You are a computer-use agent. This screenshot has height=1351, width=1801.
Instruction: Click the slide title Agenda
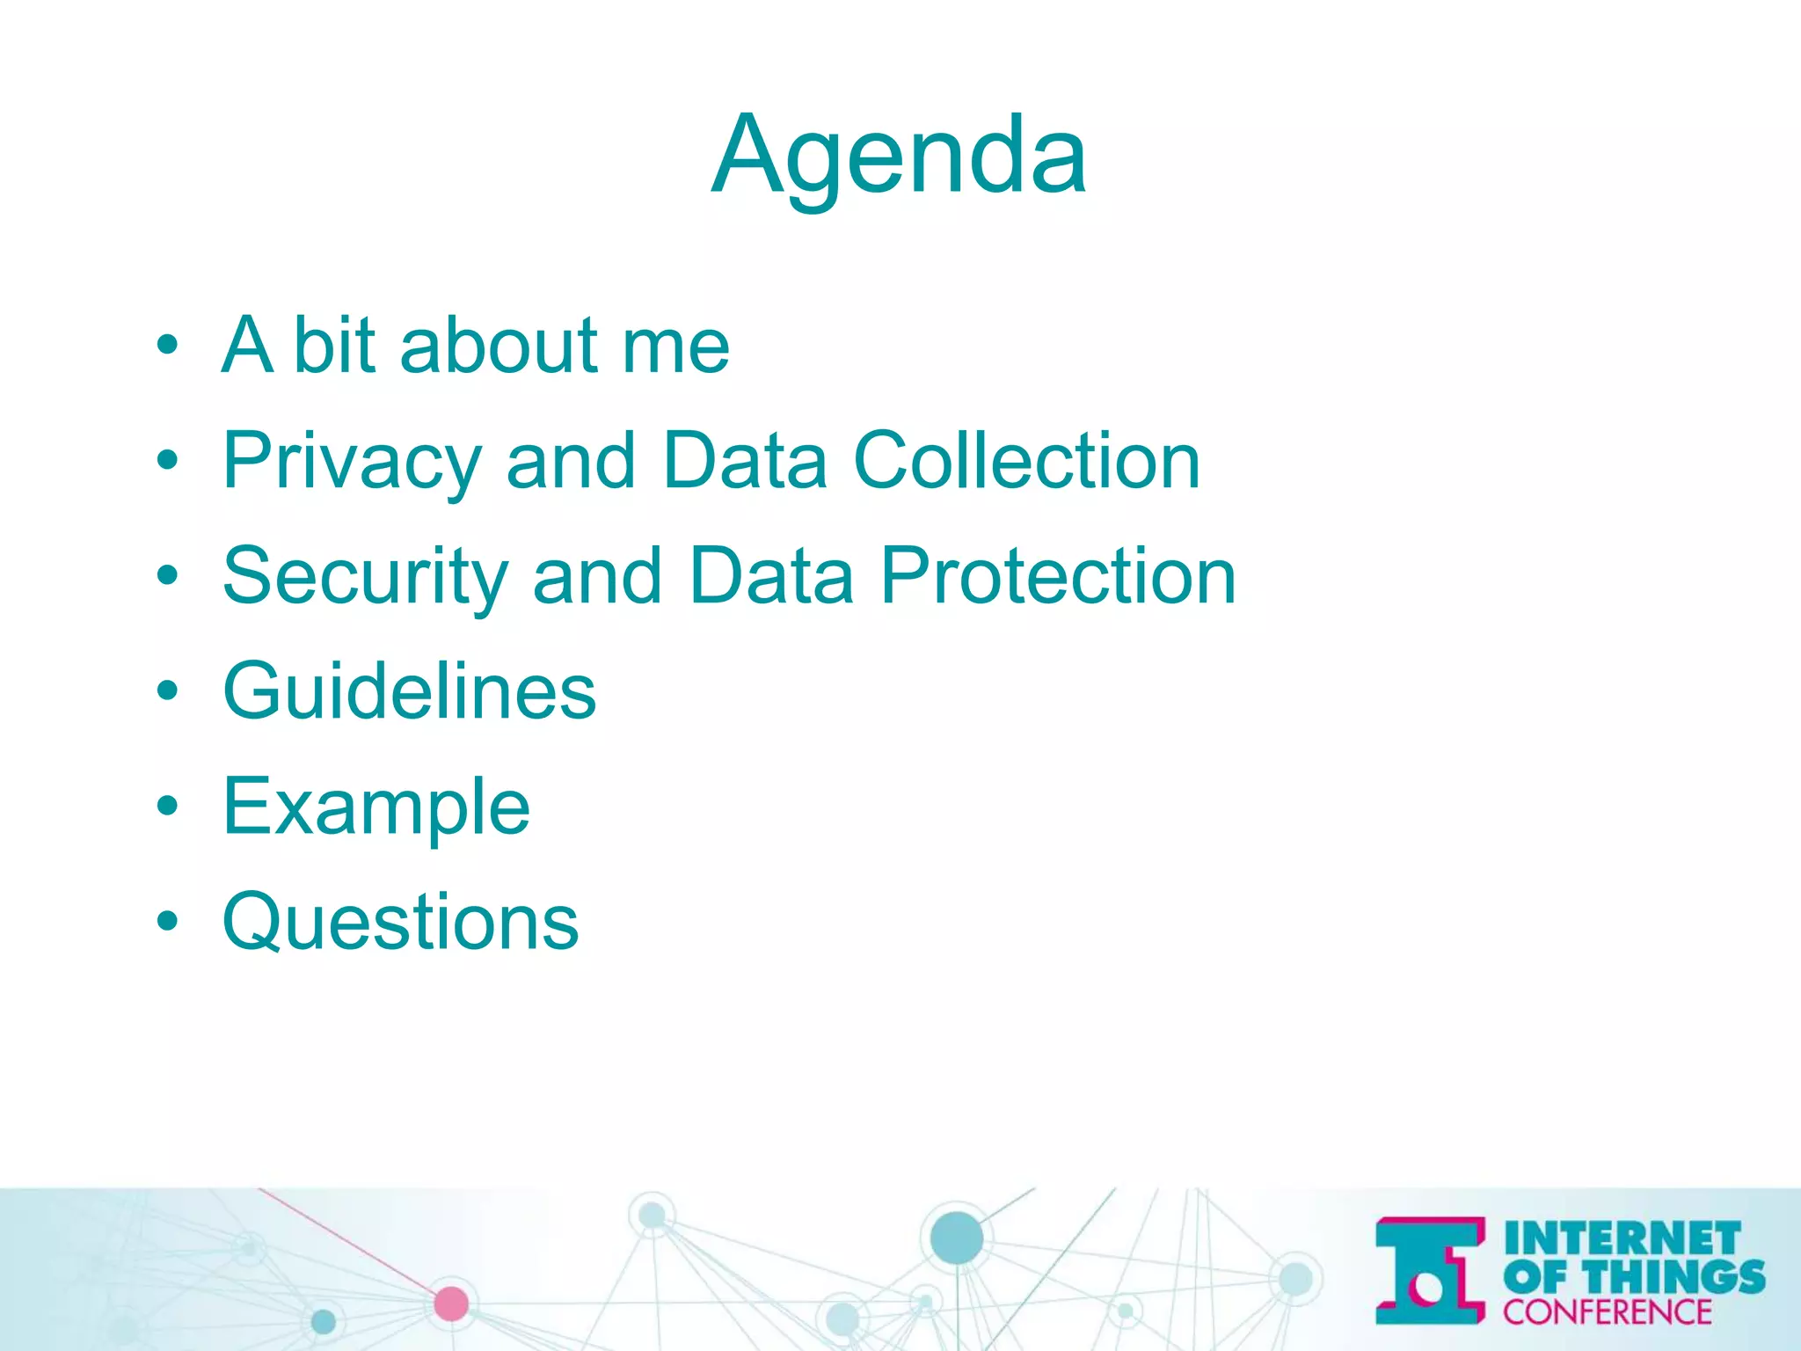pos(899,157)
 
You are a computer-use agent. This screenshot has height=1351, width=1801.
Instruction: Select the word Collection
pos(1026,462)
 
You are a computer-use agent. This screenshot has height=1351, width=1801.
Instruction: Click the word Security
pos(366,577)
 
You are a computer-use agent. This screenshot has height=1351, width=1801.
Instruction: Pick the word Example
pos(376,807)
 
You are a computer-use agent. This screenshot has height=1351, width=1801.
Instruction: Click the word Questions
pos(401,923)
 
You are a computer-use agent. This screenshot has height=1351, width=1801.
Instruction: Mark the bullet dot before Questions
pos(167,923)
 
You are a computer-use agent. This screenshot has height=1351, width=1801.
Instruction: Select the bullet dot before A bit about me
pos(167,346)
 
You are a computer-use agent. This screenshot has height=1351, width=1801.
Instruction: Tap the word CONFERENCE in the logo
pos(1607,1311)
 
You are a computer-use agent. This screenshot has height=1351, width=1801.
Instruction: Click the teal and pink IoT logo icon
pos(1430,1270)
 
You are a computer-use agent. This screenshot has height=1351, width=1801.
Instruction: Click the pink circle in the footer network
pos(451,1303)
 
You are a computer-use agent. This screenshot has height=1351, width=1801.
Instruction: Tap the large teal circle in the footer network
pos(956,1237)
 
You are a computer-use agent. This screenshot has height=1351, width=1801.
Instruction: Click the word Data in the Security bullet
pos(771,577)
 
